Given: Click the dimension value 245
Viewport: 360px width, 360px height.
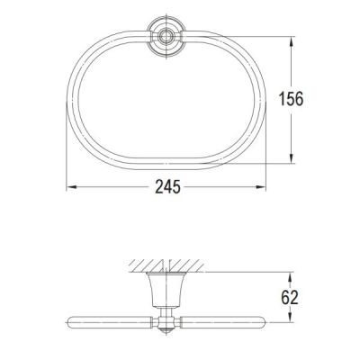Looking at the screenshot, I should click(167, 187).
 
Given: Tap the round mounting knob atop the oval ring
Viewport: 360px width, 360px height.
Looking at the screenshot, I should click(165, 37).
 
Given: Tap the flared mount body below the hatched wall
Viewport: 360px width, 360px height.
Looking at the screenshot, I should click(165, 290).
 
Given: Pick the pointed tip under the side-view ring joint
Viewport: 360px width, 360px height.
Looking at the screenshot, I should click(165, 333).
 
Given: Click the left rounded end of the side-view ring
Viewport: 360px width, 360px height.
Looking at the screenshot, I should click(73, 323).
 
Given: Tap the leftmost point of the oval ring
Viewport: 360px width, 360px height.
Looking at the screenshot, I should click(71, 100).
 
